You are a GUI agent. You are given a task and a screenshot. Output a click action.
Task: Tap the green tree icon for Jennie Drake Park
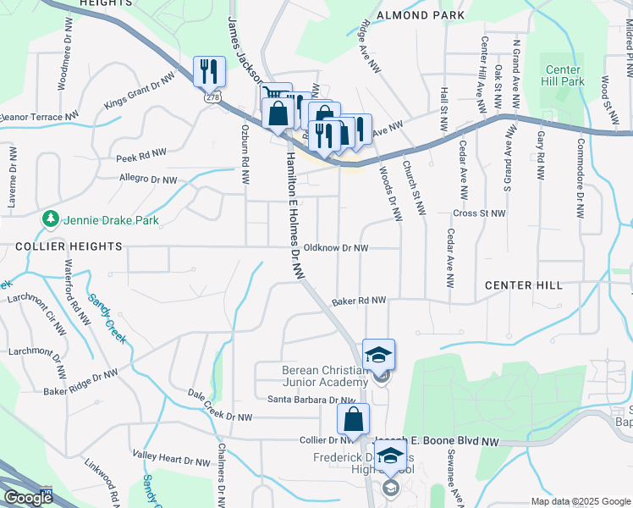[x=51, y=219]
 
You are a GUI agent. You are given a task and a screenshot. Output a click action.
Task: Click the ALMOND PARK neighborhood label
[x=421, y=16]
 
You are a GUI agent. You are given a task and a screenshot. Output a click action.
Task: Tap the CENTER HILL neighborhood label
[x=524, y=285]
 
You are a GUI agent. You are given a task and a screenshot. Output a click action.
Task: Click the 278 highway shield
[x=209, y=98]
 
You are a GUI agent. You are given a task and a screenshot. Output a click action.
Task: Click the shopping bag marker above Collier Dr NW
[x=352, y=418]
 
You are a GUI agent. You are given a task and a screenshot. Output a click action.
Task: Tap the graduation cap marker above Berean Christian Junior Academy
[x=378, y=354]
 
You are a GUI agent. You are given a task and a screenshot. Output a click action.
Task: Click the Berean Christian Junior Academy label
[x=325, y=376]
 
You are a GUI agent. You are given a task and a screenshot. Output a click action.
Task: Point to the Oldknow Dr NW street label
[x=336, y=248]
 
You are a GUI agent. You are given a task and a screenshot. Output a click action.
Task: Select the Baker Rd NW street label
[x=359, y=301]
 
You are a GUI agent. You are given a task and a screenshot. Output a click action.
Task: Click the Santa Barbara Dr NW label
[x=311, y=400]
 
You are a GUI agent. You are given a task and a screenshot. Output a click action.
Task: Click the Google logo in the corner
[x=28, y=498]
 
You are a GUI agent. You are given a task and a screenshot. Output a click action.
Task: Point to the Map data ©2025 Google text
[x=580, y=501]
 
